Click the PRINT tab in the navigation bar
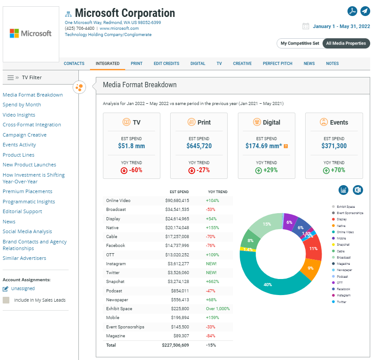coord(136,64)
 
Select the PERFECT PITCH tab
coord(278,64)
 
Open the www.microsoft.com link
coord(119,28)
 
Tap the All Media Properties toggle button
coord(346,43)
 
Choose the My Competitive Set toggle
coord(300,43)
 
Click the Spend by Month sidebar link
coord(22,105)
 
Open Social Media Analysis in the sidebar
coord(27,231)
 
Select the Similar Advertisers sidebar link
coord(25,258)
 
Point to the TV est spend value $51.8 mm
coord(131,146)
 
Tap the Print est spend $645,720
coord(199,146)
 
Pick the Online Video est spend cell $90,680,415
coord(176,201)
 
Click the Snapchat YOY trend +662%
coord(212,282)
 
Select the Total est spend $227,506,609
coord(176,345)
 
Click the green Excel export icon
coord(358,190)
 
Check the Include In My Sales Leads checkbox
coord(6,300)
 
